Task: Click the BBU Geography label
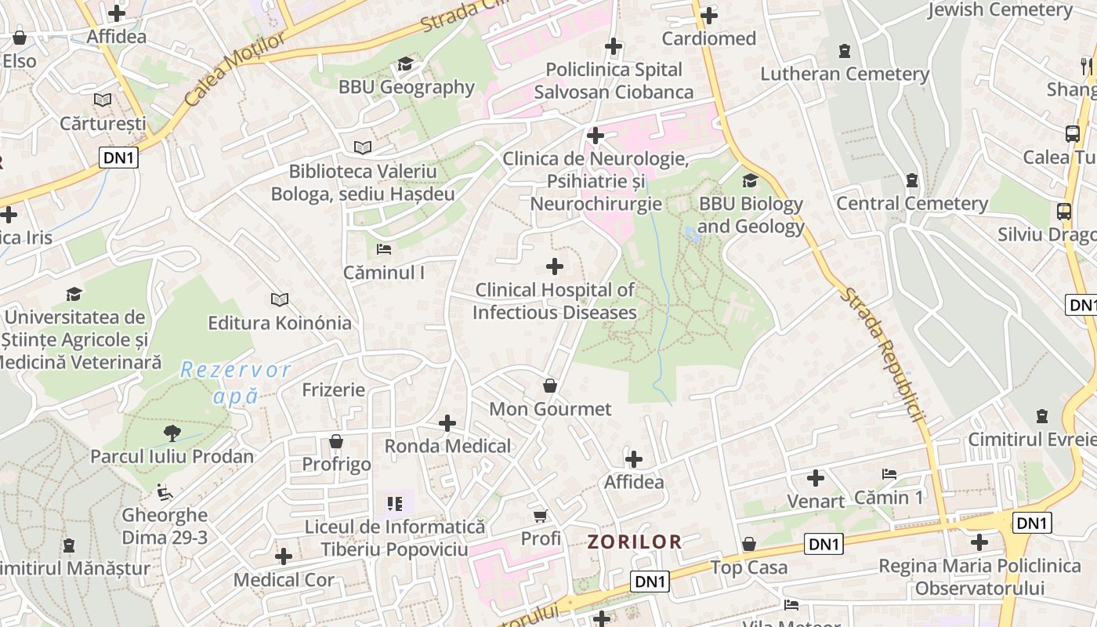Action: (x=406, y=87)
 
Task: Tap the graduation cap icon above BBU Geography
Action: (x=405, y=63)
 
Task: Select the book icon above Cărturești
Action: (x=103, y=100)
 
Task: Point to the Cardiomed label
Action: (x=708, y=38)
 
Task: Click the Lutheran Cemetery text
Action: (x=845, y=74)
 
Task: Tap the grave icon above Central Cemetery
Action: (x=911, y=181)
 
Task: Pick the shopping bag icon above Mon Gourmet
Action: (x=550, y=386)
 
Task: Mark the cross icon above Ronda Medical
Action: (x=447, y=423)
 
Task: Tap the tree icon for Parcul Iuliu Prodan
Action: (x=172, y=433)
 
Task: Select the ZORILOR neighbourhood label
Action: (x=635, y=542)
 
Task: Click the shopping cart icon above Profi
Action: (x=541, y=515)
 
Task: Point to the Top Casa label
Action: (x=749, y=567)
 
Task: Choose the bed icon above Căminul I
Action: (x=384, y=249)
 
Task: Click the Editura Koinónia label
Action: (x=280, y=323)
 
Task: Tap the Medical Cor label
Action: (x=284, y=581)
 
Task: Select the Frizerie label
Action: (x=334, y=390)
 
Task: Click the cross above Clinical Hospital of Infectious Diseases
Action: (x=555, y=266)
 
